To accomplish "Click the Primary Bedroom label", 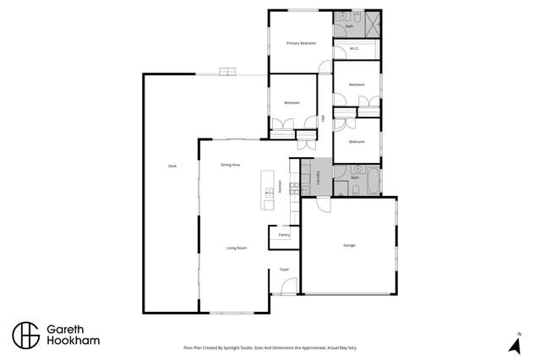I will tap(300, 43).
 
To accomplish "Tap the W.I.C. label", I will tap(355, 48).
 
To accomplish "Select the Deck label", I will tap(172, 166).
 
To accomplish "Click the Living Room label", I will tap(236, 248).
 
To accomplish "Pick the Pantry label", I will tap(284, 235).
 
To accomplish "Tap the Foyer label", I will tap(285, 270).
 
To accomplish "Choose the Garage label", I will tap(349, 245).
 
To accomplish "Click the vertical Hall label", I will tap(323, 117).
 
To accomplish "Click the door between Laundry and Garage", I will tap(323, 201).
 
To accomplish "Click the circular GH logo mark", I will tap(25, 335).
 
